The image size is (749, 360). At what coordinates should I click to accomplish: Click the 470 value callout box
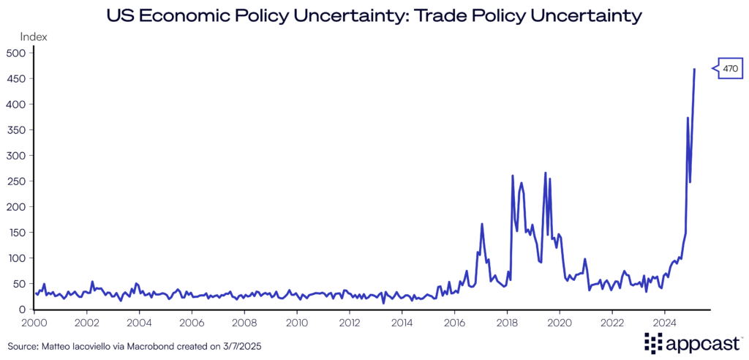pos(730,69)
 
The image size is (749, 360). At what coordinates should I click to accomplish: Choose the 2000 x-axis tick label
pos(34,322)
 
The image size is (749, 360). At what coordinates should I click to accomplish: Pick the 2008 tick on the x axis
pos(244,322)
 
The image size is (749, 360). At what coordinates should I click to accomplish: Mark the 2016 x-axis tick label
pos(455,322)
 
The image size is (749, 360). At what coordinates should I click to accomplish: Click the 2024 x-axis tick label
pos(665,322)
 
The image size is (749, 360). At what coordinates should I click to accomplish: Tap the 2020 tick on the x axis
pos(560,322)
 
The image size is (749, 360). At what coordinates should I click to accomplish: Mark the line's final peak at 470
pos(694,69)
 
